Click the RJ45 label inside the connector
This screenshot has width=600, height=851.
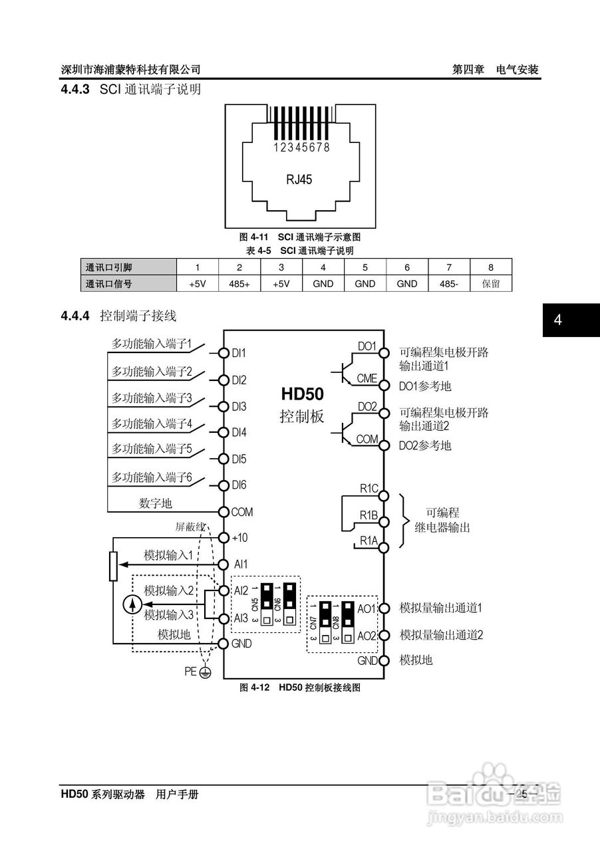pyautogui.click(x=299, y=179)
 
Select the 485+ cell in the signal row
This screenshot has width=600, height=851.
pyautogui.click(x=239, y=283)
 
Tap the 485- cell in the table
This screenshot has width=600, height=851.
pyautogui.click(x=449, y=283)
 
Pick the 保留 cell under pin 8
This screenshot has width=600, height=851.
pyautogui.click(x=491, y=283)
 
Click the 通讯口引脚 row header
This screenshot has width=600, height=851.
pyautogui.click(x=109, y=267)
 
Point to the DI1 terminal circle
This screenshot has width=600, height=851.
pyautogui.click(x=224, y=353)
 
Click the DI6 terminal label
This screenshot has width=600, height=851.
pyautogui.click(x=239, y=485)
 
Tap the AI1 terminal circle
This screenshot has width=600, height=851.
pyautogui.click(x=224, y=564)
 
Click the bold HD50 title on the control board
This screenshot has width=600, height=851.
pyautogui.click(x=302, y=394)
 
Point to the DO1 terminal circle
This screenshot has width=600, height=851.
pyautogui.click(x=383, y=353)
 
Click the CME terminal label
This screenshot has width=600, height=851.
pyautogui.click(x=367, y=379)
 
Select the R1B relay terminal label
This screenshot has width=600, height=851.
pyautogui.click(x=369, y=515)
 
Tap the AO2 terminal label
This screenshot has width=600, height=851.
pyautogui.click(x=367, y=636)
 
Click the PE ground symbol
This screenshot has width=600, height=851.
pyautogui.click(x=206, y=673)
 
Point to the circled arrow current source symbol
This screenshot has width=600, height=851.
pyautogui.click(x=134, y=604)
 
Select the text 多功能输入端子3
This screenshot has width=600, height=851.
pyautogui.click(x=151, y=398)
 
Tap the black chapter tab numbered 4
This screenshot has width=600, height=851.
pyautogui.click(x=558, y=320)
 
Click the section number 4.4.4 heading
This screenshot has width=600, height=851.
pyautogui.click(x=75, y=316)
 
